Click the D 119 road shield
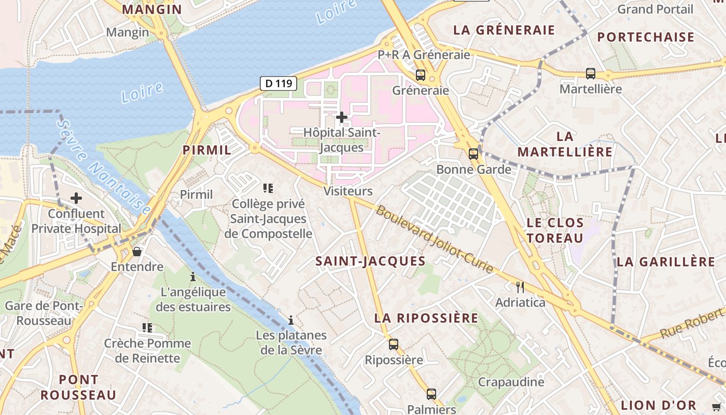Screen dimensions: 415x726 pos(278,83)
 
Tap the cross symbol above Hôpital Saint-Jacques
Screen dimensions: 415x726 pos(341,117)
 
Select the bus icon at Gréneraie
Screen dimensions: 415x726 pos(421,75)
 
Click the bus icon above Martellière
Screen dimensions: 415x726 pos(591,74)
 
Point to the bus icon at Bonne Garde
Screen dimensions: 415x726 pos(473,154)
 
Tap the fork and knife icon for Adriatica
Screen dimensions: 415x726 pos(520,287)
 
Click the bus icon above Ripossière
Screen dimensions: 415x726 pos(394,344)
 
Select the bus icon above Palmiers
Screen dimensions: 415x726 pos(431,394)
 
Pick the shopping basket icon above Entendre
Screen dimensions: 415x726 pos(137,252)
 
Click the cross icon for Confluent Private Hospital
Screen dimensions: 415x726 pos(76,198)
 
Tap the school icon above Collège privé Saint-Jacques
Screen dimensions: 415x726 pos(268,188)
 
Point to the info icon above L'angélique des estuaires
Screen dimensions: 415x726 pos(193,276)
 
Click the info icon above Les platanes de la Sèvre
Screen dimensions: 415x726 pos(291,320)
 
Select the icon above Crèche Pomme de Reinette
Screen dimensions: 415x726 pos(147,327)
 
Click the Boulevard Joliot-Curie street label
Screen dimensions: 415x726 pos(435,239)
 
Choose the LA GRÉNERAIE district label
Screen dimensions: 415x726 pos(504,30)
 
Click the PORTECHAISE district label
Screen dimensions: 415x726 pos(646,37)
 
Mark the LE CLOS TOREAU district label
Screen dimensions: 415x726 pos(555,230)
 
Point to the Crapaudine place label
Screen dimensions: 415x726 pos(511,382)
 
